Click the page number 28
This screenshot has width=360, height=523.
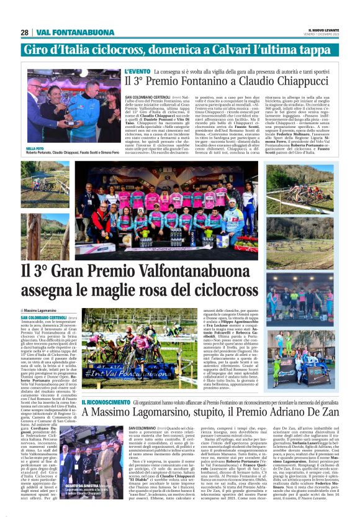[24, 32]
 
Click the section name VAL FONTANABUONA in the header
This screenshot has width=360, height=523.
[65, 32]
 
